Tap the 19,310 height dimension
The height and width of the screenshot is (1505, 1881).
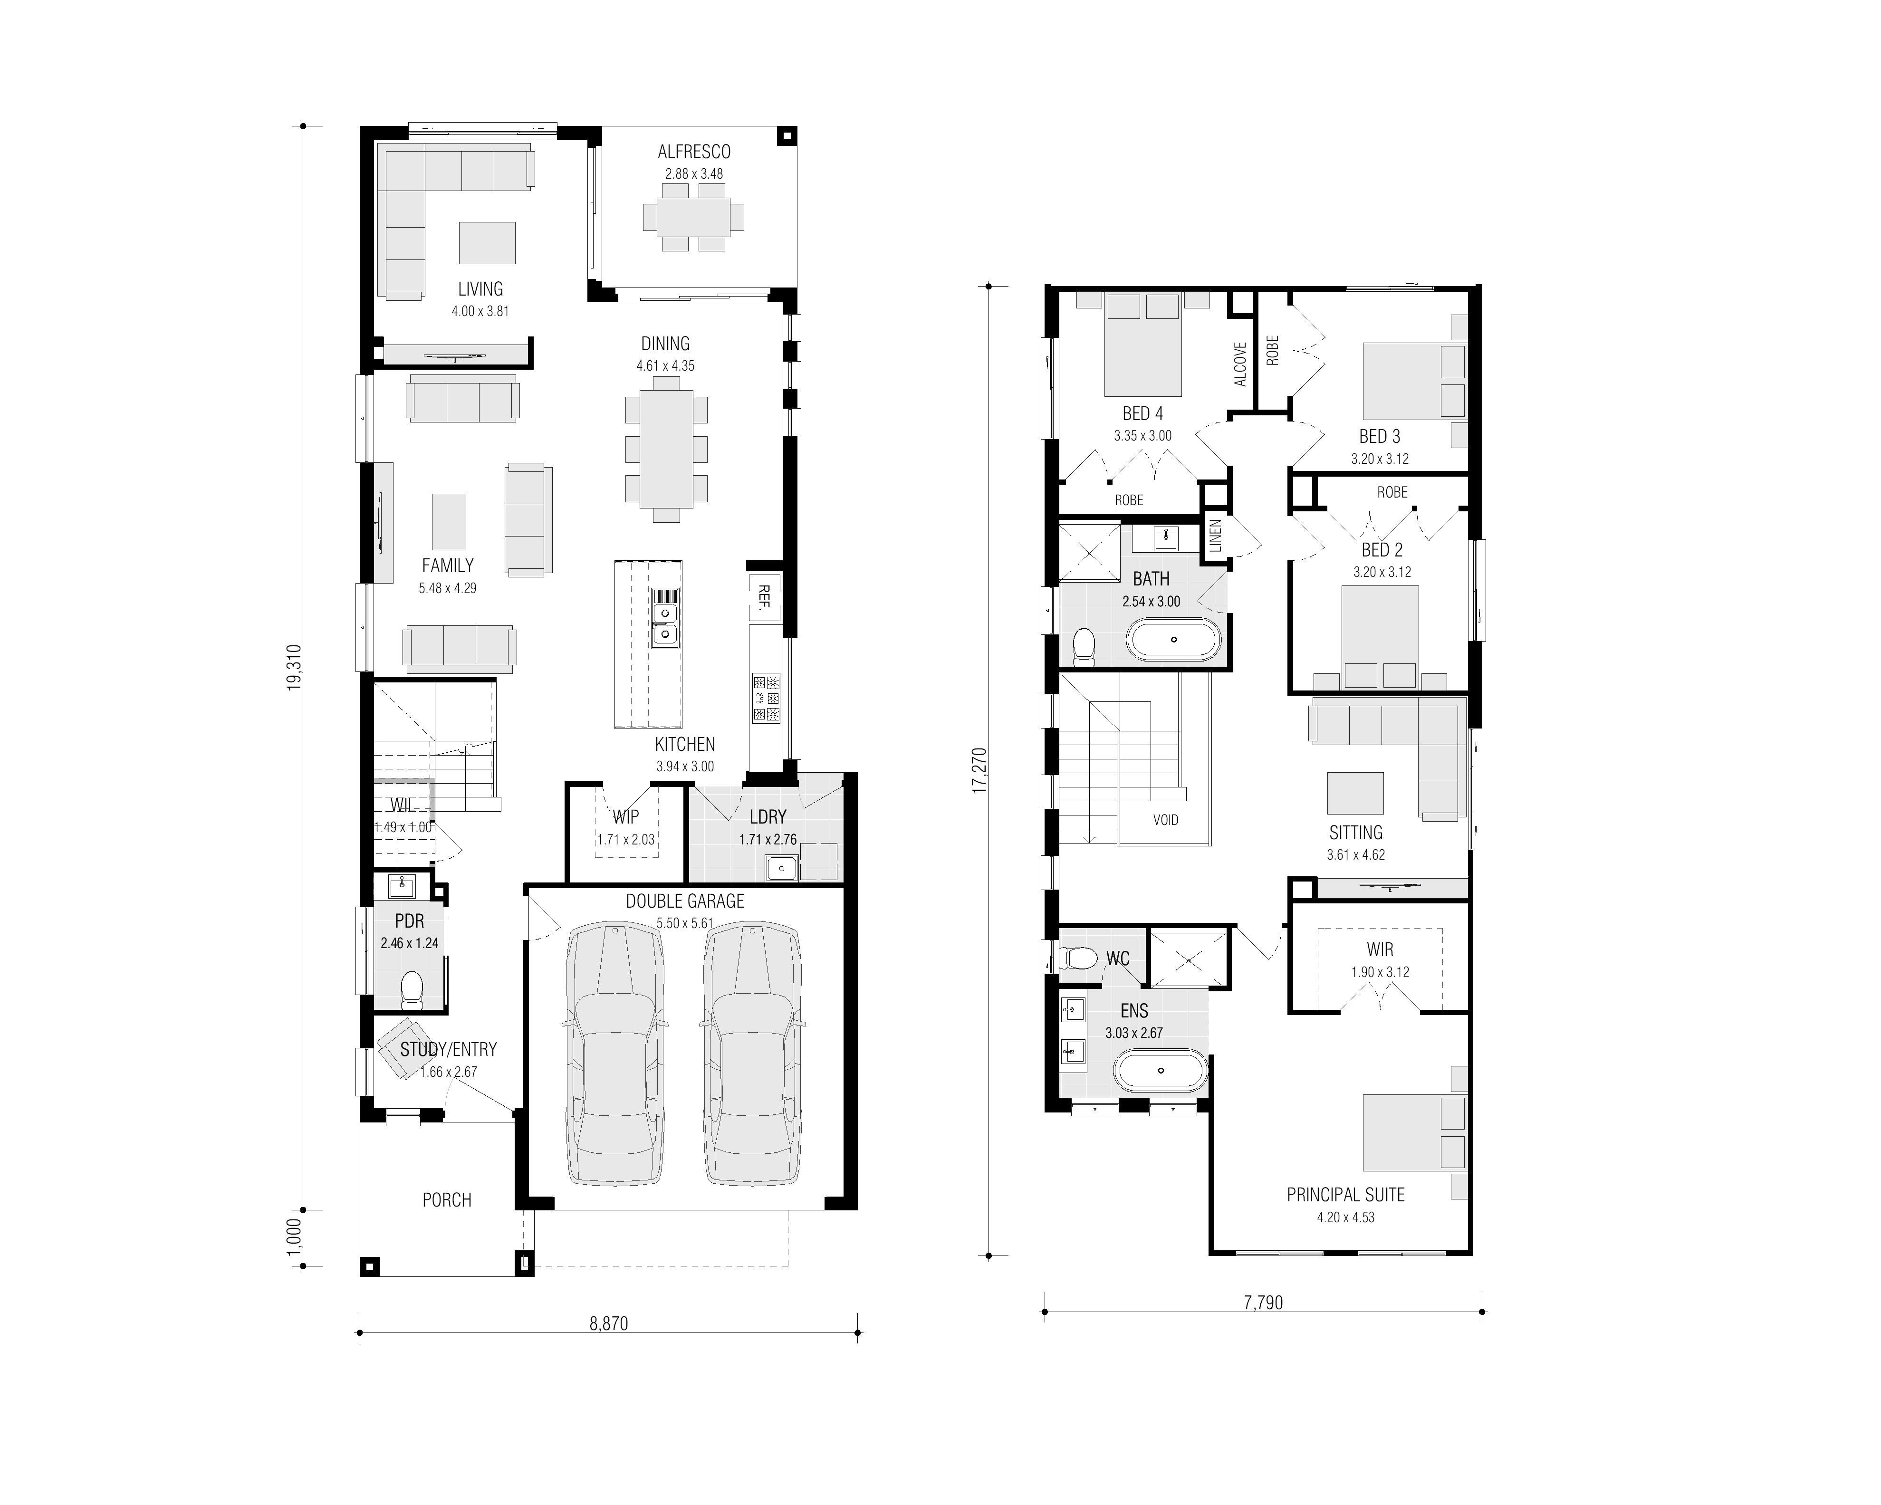click(x=294, y=667)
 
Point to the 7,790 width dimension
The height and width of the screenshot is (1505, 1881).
click(x=1263, y=1303)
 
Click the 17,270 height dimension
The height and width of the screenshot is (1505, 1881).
click(x=979, y=769)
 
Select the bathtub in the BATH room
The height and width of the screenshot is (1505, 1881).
click(x=1173, y=640)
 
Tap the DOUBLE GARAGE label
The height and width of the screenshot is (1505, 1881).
click(x=685, y=901)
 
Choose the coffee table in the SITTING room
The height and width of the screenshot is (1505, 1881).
click(x=1355, y=793)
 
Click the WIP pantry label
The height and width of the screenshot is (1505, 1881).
click(x=625, y=816)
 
